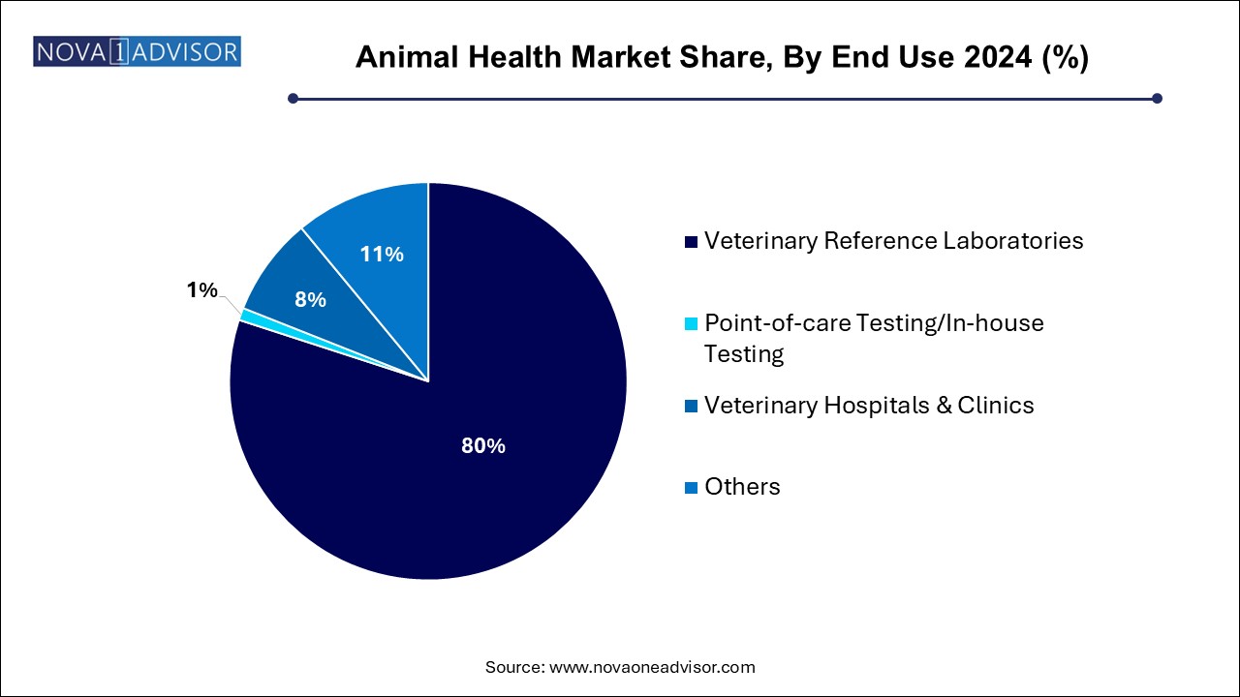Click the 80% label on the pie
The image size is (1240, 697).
(x=482, y=446)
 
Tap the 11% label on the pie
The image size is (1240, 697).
(x=382, y=255)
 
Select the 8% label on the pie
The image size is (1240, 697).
(x=310, y=300)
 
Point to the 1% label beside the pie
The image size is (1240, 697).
(x=202, y=289)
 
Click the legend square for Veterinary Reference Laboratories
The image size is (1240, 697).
(x=690, y=241)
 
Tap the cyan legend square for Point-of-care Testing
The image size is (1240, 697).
(x=690, y=323)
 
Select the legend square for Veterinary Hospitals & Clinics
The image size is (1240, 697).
(x=690, y=406)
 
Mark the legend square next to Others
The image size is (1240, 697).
(x=690, y=487)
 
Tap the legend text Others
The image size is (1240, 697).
(x=742, y=486)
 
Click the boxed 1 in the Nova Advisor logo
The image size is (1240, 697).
(x=119, y=51)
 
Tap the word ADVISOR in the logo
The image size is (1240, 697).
(x=186, y=51)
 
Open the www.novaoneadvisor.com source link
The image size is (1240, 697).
(x=652, y=667)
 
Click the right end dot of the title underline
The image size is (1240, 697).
(x=1156, y=98)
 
